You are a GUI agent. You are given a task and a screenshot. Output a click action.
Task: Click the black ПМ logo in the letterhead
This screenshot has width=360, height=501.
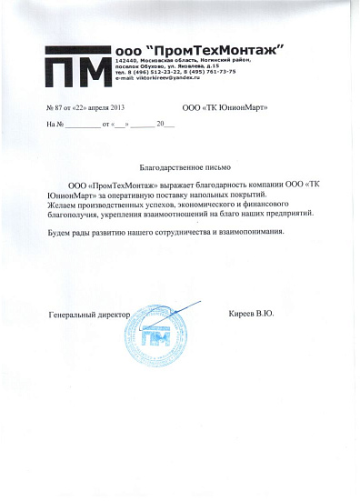pos(80,66)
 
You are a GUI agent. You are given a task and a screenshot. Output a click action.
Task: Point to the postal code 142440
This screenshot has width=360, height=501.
pos(127,58)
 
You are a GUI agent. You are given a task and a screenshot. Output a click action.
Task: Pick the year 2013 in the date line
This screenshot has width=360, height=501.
pos(125,108)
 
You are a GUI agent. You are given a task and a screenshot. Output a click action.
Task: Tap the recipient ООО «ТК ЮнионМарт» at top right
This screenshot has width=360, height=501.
pos(225,108)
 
